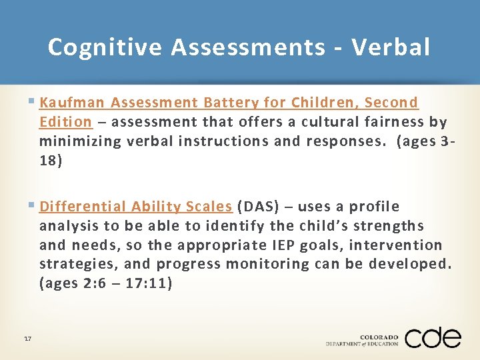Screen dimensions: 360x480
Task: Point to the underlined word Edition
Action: (x=65, y=122)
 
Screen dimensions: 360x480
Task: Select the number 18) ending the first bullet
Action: (x=51, y=161)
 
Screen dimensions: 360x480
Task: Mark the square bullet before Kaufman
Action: (x=33, y=102)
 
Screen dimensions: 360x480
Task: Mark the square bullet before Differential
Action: (x=33, y=206)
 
